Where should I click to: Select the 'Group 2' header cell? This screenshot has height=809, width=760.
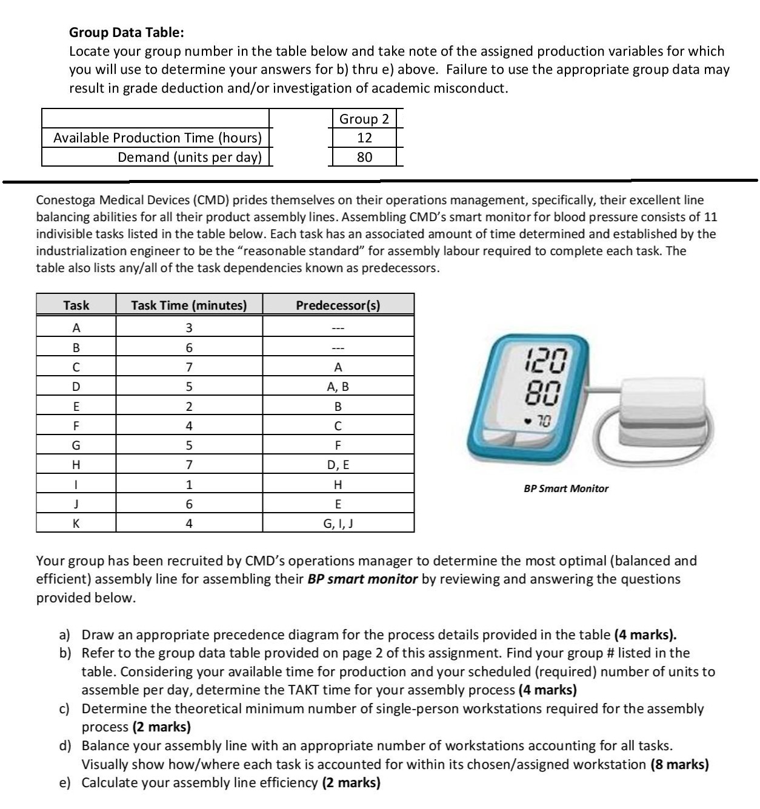(x=364, y=119)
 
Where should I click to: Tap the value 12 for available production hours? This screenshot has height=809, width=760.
(x=364, y=138)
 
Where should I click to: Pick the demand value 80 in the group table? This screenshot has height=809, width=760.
(x=364, y=157)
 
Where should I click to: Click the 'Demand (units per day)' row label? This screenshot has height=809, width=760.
(x=189, y=157)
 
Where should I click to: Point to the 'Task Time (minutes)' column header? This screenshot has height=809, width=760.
(x=188, y=305)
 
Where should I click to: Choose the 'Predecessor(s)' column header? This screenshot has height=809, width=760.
(x=338, y=305)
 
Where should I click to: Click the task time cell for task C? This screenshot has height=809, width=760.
(x=188, y=367)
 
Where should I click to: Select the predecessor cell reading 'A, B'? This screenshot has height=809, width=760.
(x=338, y=387)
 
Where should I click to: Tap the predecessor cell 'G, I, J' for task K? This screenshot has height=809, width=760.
(x=338, y=523)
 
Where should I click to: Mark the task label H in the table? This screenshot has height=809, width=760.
(x=76, y=465)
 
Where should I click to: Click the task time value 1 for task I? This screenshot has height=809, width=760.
(x=188, y=485)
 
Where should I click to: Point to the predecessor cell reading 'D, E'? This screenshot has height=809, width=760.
(x=338, y=465)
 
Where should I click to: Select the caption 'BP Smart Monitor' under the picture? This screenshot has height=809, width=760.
(x=565, y=488)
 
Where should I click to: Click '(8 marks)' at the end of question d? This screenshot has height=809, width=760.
(x=679, y=764)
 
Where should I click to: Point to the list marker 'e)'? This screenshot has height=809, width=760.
(x=65, y=783)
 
